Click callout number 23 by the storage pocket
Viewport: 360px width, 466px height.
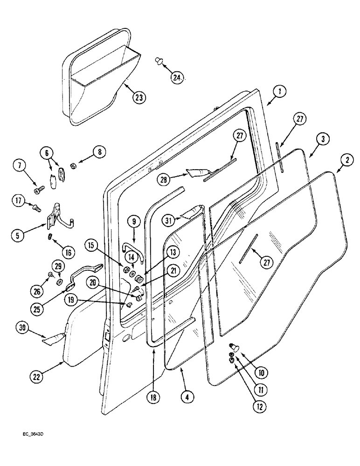click(138, 97)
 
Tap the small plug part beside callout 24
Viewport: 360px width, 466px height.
click(158, 61)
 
